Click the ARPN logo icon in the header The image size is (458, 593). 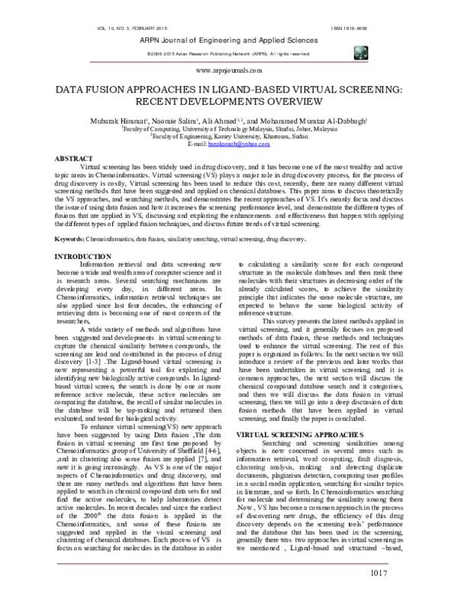pos(358,53)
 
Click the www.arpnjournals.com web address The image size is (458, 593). pos(229,70)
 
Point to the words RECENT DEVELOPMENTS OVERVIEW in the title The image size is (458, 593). pos(229,101)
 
